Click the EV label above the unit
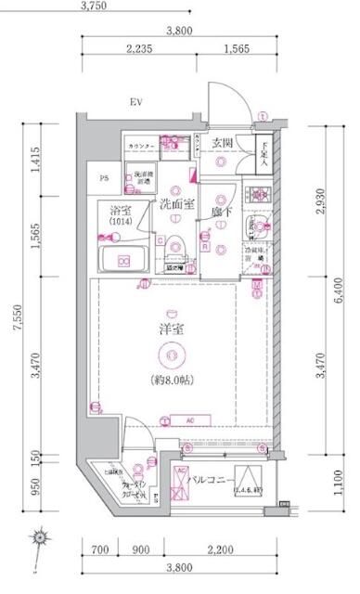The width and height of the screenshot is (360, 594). (x=135, y=102)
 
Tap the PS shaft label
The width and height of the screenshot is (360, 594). (x=103, y=178)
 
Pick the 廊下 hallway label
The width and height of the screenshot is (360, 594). (x=220, y=212)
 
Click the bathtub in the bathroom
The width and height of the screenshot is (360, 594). (x=122, y=259)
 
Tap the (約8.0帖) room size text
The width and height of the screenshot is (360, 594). (x=169, y=381)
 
